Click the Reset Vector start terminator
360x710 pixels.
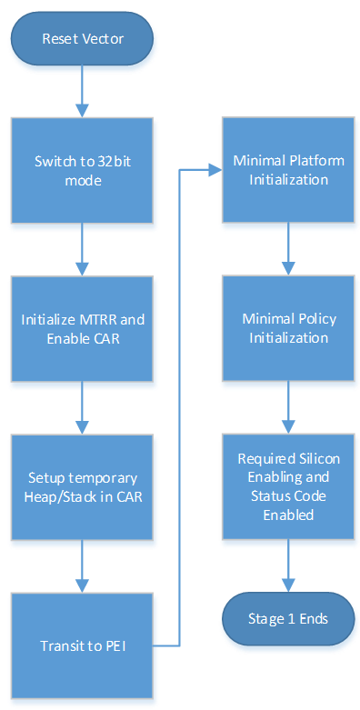(83, 39)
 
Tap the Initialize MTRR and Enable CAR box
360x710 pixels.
(82, 329)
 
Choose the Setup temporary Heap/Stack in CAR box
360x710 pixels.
(82, 487)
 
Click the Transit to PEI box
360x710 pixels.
(82, 645)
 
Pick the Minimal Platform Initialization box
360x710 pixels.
(288, 172)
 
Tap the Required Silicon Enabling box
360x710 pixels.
(288, 487)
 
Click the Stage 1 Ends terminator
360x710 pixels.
(288, 618)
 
